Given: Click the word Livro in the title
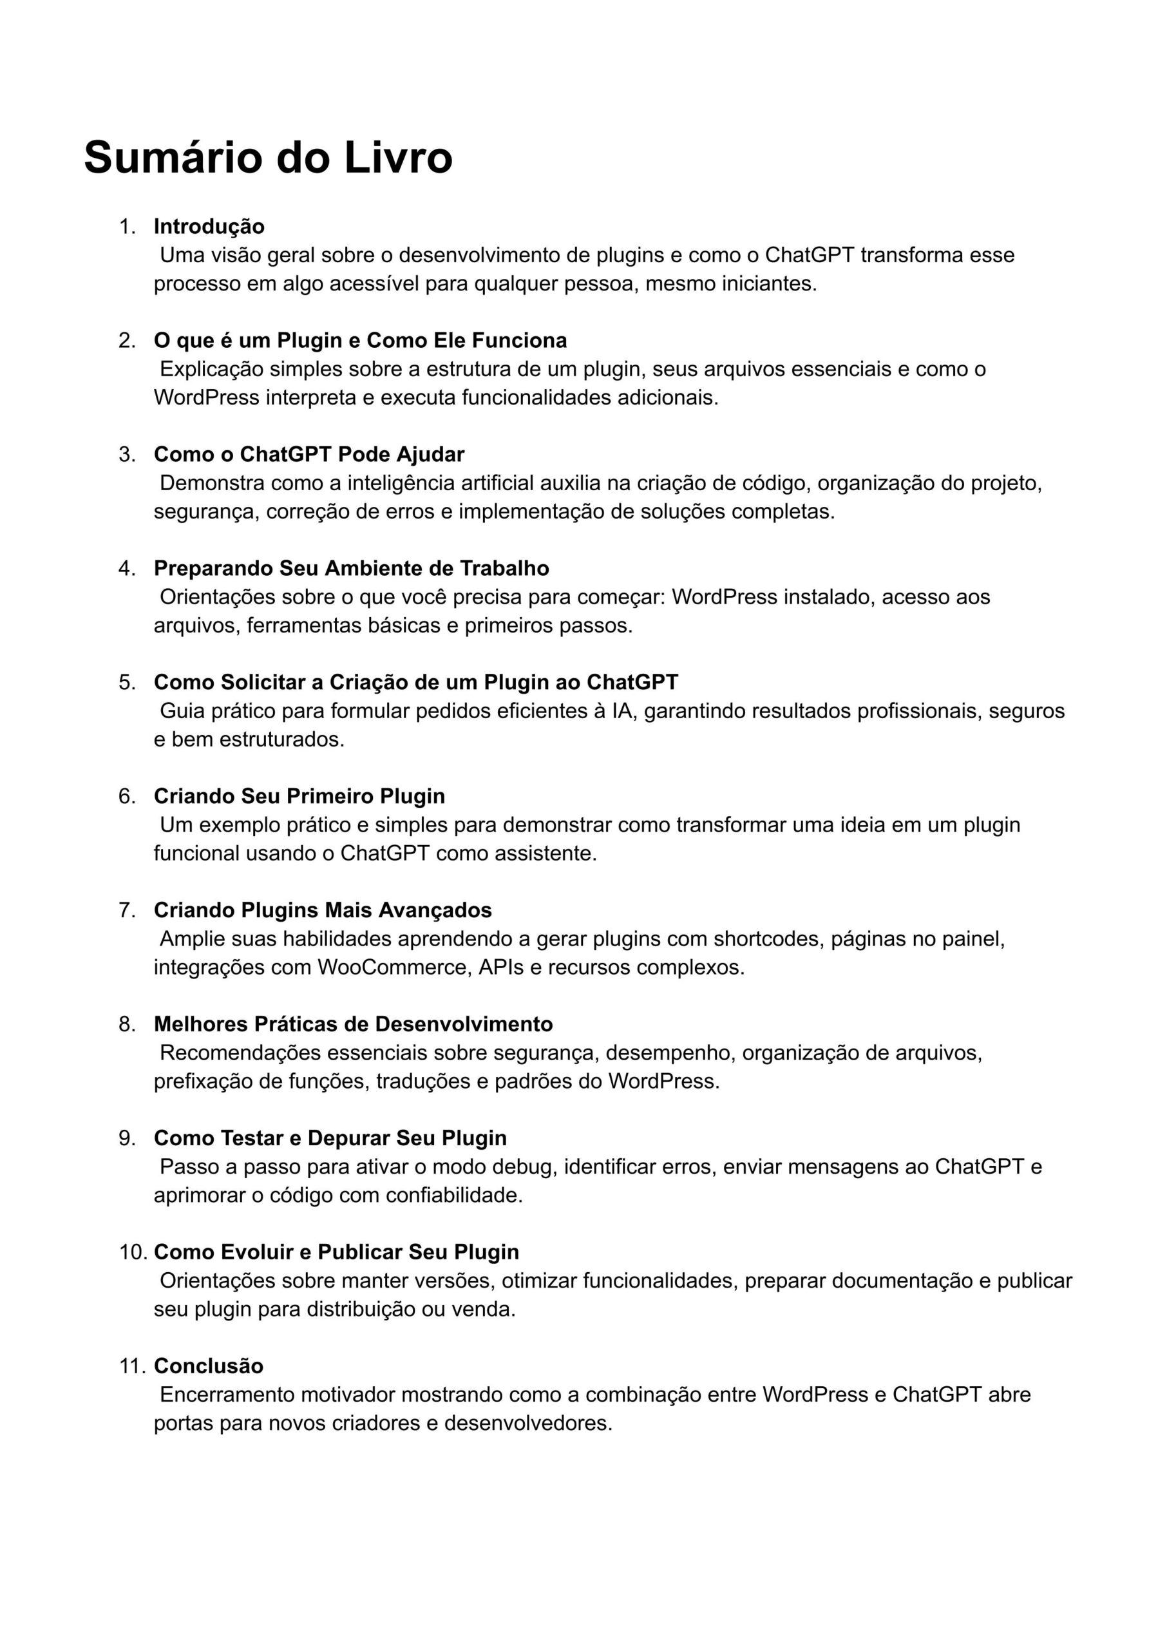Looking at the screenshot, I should [398, 157].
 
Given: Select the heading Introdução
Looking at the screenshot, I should [209, 226].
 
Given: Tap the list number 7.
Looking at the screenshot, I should [126, 910].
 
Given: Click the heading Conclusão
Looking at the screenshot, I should [209, 1366].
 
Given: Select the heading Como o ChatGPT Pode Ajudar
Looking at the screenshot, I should [309, 454].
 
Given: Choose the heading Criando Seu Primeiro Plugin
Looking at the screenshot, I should [299, 796].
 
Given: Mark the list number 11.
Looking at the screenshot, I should [133, 1366].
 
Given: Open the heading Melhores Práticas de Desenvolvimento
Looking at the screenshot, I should [353, 1024].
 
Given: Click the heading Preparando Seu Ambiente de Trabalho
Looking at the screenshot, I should [352, 568].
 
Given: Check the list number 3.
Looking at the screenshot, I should [126, 454].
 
